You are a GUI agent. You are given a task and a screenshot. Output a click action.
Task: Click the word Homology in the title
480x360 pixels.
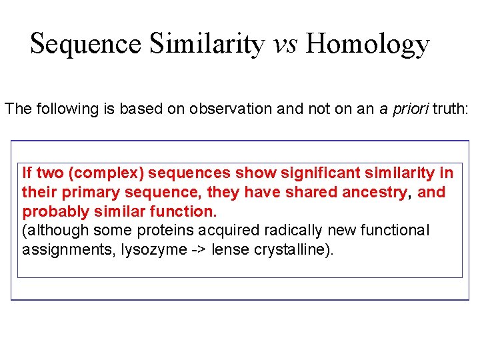(x=368, y=45)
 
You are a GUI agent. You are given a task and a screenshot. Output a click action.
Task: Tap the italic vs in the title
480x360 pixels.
(x=286, y=45)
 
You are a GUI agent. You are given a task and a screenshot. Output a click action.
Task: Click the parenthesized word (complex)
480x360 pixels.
(x=107, y=173)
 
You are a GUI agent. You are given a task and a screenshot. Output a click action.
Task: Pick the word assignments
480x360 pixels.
(x=58, y=250)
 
